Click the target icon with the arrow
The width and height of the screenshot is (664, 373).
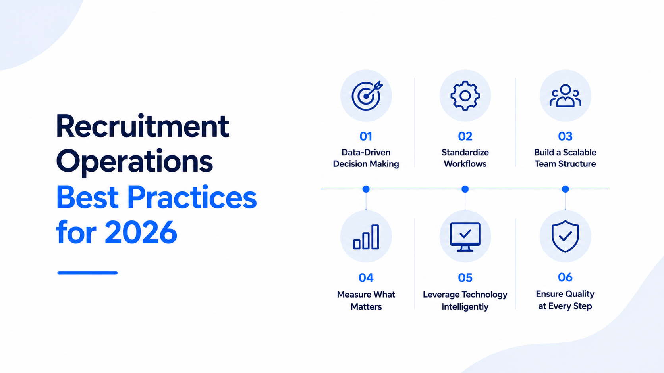(x=367, y=96)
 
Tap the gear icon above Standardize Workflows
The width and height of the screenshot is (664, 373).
(x=465, y=96)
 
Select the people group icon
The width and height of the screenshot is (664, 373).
(x=565, y=96)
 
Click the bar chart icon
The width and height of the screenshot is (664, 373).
(x=366, y=237)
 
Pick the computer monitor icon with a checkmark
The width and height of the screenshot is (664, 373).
(x=465, y=237)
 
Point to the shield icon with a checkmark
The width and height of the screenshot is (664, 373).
(x=565, y=236)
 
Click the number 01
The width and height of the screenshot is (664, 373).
(x=366, y=136)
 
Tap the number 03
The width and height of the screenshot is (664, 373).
(x=565, y=136)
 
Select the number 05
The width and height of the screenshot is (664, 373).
(x=465, y=278)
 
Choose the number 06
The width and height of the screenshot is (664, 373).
(x=565, y=277)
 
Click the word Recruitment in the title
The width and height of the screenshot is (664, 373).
(x=143, y=126)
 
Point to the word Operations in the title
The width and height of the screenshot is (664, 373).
(x=134, y=162)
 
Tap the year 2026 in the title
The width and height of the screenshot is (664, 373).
(x=141, y=232)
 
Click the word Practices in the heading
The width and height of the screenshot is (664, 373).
(x=192, y=197)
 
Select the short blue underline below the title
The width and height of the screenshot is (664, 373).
(x=87, y=273)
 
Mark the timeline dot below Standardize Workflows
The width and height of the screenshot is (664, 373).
(x=465, y=189)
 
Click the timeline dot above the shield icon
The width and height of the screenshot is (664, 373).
(x=565, y=189)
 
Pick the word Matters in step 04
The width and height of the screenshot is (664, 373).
(x=366, y=306)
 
